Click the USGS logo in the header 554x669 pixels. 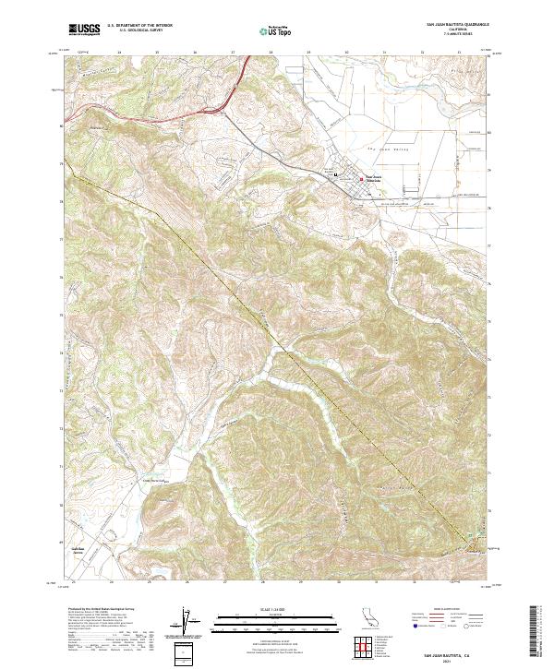tap(85, 30)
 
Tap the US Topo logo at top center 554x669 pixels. tap(275, 30)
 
